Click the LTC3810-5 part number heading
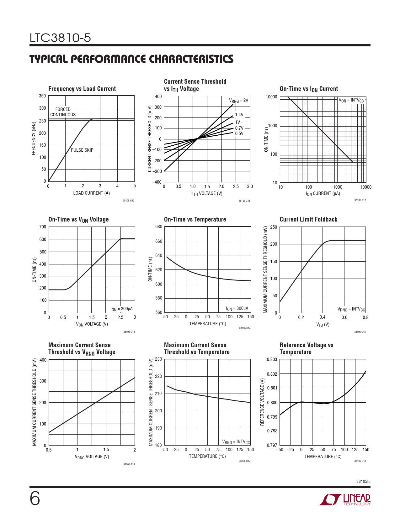(60, 38)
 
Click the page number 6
(35, 499)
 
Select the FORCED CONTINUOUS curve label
(63, 112)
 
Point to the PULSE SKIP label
(82, 150)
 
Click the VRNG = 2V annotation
(238, 101)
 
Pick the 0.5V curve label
(239, 133)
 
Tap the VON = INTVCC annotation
(351, 100)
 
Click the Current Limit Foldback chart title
(308, 219)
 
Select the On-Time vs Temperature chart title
(195, 219)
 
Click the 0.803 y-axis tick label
(272, 359)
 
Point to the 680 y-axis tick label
(159, 227)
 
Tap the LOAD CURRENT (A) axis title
(91, 193)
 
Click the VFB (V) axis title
(323, 325)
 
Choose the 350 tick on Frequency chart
(42, 96)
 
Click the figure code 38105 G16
(129, 464)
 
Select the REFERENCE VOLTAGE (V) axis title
(262, 402)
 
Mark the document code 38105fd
(363, 481)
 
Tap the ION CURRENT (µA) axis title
(323, 194)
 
